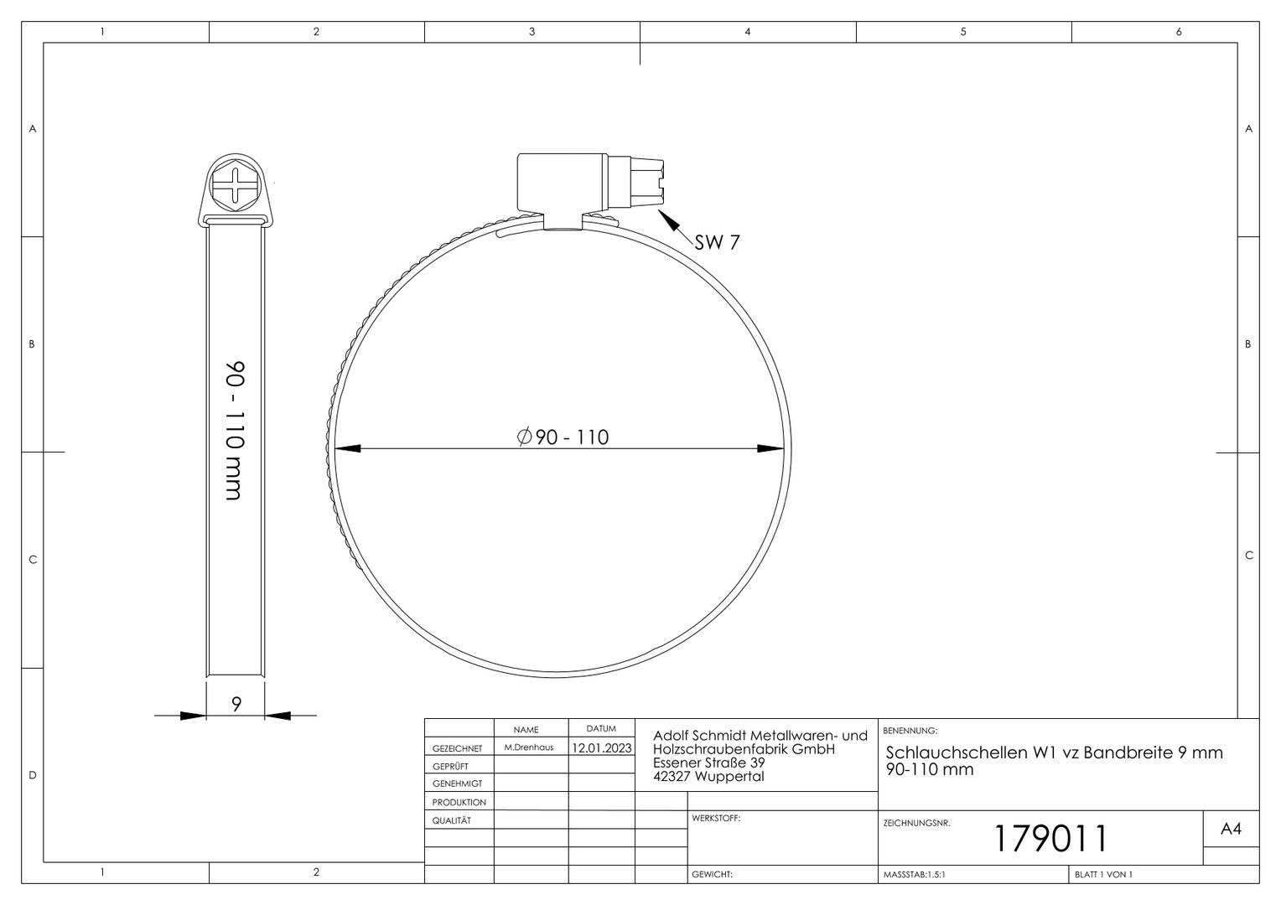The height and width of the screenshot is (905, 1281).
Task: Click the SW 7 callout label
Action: (717, 242)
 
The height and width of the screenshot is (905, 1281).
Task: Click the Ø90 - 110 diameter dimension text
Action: (563, 437)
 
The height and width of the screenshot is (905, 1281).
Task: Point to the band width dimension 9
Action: (236, 705)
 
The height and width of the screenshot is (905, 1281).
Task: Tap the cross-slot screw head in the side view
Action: (235, 185)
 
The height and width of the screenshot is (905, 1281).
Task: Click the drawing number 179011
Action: (1051, 838)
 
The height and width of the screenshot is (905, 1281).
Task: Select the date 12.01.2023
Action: (602, 747)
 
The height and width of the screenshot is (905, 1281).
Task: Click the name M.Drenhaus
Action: (528, 747)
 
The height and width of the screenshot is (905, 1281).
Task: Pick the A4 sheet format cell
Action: (1231, 829)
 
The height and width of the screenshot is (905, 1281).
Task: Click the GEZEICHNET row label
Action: (457, 748)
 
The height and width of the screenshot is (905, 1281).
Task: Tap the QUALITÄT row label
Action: (451, 820)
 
